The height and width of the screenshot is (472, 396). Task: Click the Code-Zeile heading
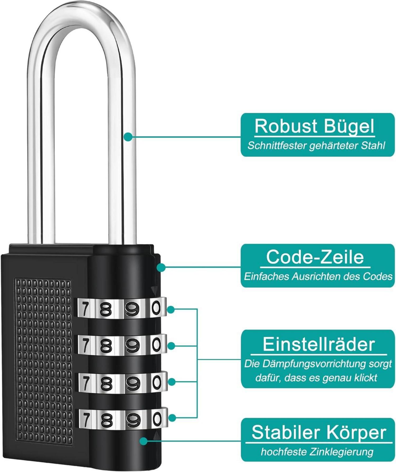pyautogui.click(x=315, y=257)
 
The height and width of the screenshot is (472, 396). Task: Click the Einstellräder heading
pyautogui.click(x=319, y=344)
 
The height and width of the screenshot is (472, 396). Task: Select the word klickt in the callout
pyautogui.click(x=365, y=378)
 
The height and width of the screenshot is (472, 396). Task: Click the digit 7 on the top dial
pyautogui.click(x=84, y=309)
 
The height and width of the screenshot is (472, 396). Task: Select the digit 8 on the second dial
pyautogui.click(x=106, y=346)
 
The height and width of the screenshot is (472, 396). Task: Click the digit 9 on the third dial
pyautogui.click(x=132, y=384)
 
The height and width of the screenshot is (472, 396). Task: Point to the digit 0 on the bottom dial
pyautogui.click(x=157, y=419)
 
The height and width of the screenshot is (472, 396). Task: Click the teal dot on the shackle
pyautogui.click(x=128, y=137)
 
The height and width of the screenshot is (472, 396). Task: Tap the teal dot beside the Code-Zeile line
pyautogui.click(x=161, y=267)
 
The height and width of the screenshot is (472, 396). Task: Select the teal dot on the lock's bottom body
pyautogui.click(x=144, y=441)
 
